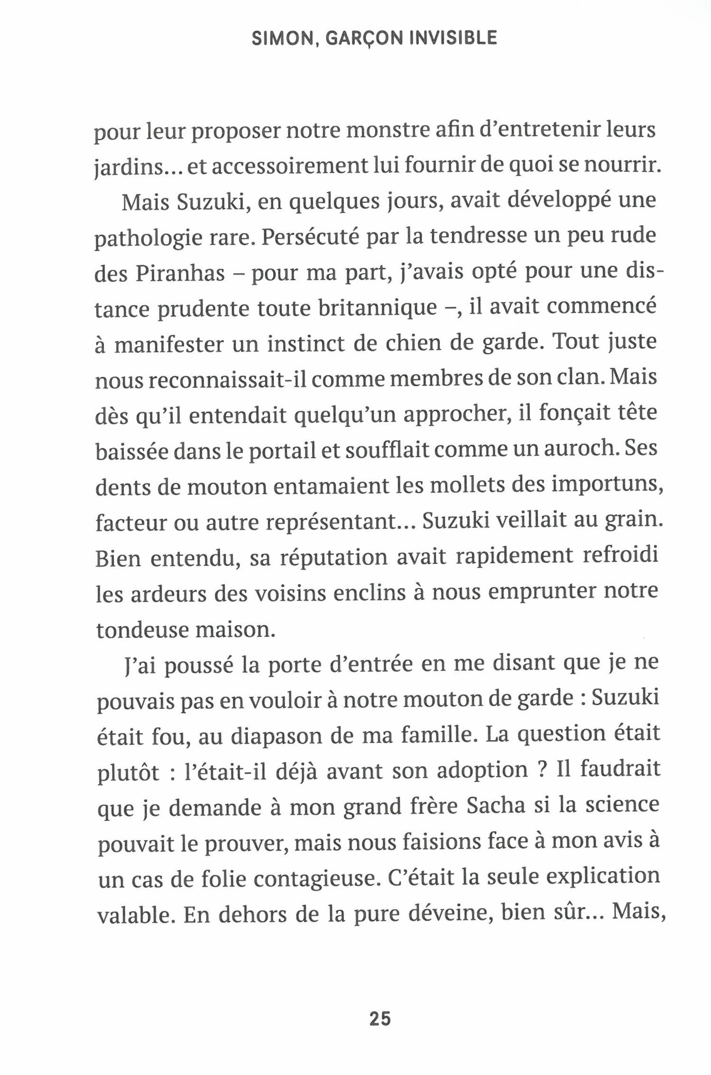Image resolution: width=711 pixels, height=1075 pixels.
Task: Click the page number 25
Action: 379,1018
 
